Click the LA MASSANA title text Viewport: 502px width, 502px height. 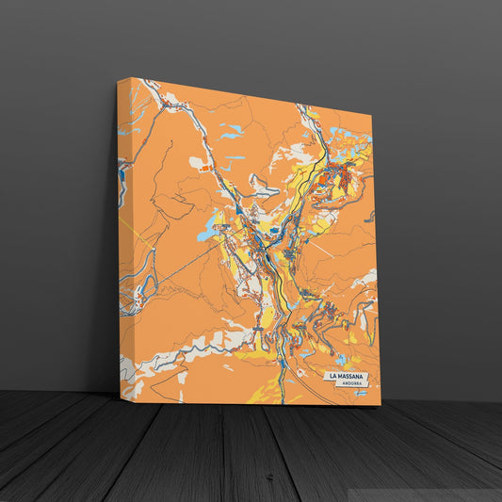[x=348, y=377]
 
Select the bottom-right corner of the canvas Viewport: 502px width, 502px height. [x=381, y=405]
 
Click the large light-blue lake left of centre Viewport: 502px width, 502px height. [x=207, y=228]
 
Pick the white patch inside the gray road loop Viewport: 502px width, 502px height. [x=264, y=189]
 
